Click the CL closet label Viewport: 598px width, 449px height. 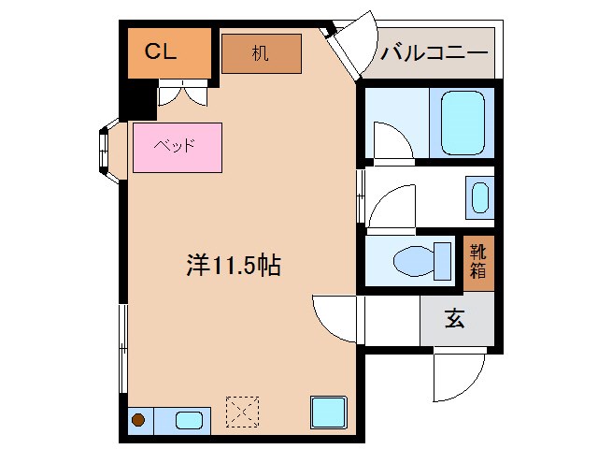pos(160,52)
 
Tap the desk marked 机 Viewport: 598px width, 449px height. pos(261,54)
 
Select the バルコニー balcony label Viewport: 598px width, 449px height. pos(434,52)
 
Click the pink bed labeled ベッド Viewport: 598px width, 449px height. pos(178,148)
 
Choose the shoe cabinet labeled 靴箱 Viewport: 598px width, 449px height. pos(478,263)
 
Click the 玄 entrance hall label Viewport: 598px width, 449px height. pos(454,319)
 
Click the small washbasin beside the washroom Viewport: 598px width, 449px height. pos(479,198)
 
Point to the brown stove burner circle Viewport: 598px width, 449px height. pos(138,419)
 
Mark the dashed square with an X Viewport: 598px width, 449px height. pos(243,411)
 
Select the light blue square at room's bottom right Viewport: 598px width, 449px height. pos(329,412)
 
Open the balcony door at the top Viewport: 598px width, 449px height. pos(349,47)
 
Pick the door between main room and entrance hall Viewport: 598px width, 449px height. pos(335,318)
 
